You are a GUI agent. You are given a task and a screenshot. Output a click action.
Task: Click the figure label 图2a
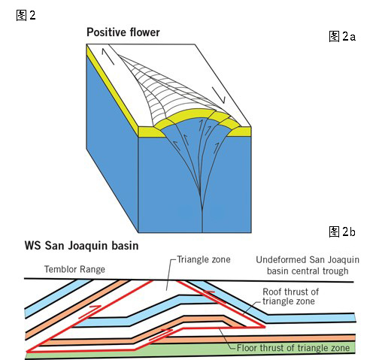[x=342, y=37]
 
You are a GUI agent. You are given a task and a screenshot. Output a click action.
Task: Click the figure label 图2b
[x=342, y=231]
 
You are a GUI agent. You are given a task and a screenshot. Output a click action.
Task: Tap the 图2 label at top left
[x=26, y=15]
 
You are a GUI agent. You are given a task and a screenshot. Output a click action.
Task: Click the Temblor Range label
[x=74, y=269]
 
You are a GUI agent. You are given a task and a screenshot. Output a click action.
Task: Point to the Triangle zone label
[x=204, y=259]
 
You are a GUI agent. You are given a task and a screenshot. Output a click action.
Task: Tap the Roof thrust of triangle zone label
[x=290, y=296]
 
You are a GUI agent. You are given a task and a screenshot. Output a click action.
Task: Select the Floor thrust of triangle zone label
[x=293, y=348]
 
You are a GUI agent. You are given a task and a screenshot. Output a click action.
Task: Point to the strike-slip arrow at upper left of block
[x=108, y=56]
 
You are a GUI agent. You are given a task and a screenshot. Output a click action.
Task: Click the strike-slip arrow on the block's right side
[x=219, y=95]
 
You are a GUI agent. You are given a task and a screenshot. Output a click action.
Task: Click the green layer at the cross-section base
[x=190, y=349]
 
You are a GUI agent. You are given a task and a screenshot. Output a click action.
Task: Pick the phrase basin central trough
[x=308, y=271]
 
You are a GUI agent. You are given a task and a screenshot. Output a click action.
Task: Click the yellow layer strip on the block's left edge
[x=112, y=91]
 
